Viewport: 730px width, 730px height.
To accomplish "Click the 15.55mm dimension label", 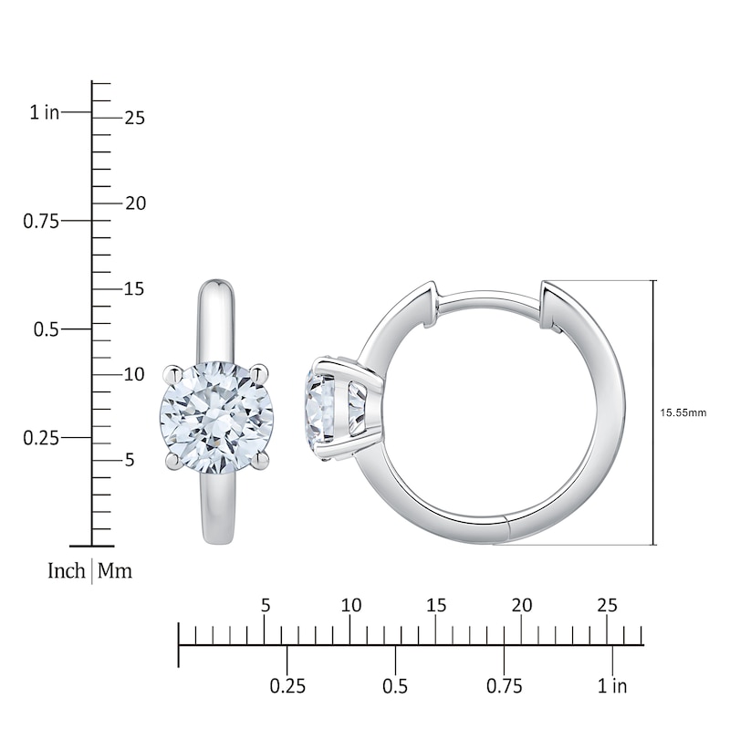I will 683,412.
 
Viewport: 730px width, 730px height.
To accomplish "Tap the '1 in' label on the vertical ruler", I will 44,112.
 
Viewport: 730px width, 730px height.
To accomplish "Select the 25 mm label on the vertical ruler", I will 136,118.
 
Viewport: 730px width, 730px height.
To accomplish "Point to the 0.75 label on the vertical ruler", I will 41,221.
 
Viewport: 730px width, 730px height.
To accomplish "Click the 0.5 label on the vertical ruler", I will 47,329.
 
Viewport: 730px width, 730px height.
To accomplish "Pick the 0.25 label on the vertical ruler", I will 41,438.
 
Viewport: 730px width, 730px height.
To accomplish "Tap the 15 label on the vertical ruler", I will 135,289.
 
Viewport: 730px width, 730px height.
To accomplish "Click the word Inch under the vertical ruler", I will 67,572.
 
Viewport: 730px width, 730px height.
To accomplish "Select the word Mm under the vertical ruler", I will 115,572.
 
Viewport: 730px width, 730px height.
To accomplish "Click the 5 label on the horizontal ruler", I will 266,605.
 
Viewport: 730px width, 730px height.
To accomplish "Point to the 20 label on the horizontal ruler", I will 521,605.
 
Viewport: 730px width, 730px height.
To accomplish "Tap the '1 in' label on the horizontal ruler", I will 612,685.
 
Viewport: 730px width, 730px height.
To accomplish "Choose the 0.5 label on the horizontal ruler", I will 395,685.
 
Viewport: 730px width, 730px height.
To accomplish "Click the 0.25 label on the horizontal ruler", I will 287,685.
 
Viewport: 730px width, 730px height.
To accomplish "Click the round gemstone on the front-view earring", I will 216,416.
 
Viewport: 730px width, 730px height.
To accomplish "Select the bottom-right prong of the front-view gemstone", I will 261,462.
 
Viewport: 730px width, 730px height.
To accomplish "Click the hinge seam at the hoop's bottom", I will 507,529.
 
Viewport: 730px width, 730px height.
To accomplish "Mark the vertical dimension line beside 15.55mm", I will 654,412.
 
